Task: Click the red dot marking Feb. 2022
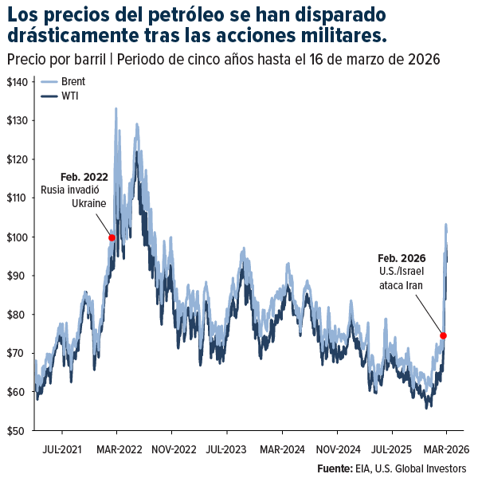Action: pos(112,237)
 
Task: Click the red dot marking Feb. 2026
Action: pos(443,335)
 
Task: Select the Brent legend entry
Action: pos(72,81)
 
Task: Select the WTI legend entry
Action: pos(69,96)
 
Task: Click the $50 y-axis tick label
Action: pos(18,431)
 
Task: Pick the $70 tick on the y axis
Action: pos(18,354)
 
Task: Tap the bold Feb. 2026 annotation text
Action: pos(402,258)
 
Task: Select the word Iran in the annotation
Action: pos(413,285)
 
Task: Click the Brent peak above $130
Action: pos(116,108)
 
